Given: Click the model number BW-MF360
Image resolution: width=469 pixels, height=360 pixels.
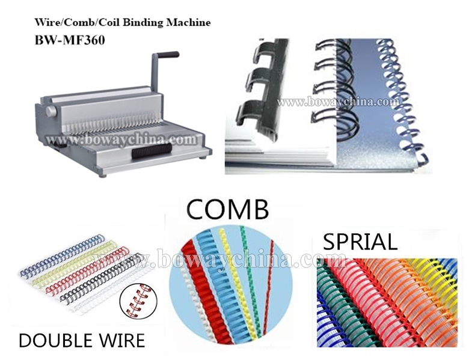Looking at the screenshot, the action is point(70,40).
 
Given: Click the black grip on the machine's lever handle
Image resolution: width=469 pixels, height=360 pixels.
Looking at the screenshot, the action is point(168,55).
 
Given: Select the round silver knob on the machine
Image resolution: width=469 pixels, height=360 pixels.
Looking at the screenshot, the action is point(51,111).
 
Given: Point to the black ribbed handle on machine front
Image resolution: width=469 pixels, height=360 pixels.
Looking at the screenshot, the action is point(152,150).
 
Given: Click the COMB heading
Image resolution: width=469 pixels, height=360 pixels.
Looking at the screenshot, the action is point(227,210).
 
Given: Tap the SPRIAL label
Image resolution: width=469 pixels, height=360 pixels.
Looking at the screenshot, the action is point(360,242).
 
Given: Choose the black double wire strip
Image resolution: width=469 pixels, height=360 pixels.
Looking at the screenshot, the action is point(100,278).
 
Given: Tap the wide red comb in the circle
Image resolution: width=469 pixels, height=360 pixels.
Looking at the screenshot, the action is point(206,296).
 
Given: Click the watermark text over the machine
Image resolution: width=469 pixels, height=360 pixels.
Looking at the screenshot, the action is point(121,139).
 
